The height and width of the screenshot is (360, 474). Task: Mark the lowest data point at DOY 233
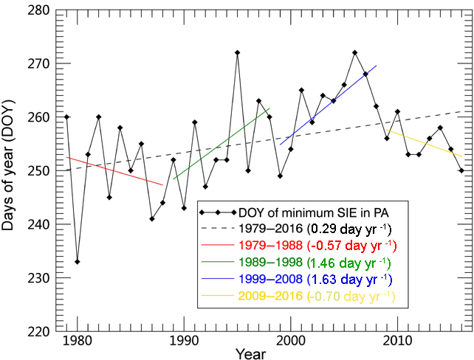pyautogui.click(x=78, y=262)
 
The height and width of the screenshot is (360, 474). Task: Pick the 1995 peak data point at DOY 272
pyautogui.click(x=237, y=53)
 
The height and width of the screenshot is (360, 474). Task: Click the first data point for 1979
pyautogui.click(x=66, y=117)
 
